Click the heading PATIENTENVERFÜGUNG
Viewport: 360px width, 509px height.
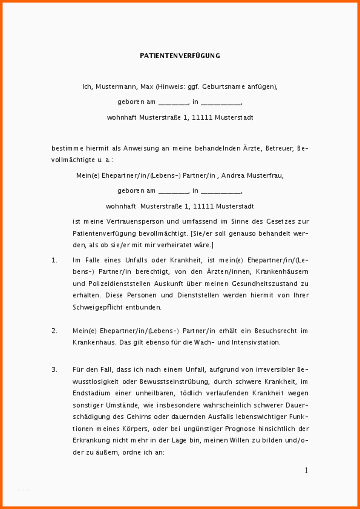click(x=180, y=56)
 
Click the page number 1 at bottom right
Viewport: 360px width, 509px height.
click(x=306, y=470)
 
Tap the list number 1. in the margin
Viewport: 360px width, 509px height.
click(x=54, y=260)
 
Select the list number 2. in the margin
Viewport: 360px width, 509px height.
click(x=54, y=330)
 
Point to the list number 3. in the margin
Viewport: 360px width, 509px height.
click(x=54, y=369)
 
